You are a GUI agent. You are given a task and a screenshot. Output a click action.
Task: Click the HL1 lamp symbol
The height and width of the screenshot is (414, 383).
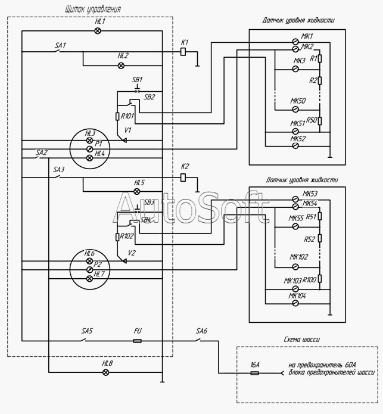98,31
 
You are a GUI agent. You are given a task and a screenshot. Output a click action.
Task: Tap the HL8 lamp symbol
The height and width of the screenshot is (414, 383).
105,372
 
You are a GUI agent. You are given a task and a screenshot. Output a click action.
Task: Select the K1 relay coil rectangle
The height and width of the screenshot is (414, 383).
183,52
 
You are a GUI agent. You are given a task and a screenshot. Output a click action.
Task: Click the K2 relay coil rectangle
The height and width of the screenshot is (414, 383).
183,178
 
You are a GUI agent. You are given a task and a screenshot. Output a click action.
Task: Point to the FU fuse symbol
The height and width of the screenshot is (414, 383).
137,341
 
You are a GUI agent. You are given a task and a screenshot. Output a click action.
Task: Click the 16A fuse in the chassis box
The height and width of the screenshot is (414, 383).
254,373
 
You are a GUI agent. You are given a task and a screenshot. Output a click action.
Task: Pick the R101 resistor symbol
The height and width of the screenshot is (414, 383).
117,116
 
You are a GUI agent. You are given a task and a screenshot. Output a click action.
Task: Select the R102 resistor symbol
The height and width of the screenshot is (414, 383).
117,237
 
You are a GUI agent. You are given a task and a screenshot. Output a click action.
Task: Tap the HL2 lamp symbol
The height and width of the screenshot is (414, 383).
121,66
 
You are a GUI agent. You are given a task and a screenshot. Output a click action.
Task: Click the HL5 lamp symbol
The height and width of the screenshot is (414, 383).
137,191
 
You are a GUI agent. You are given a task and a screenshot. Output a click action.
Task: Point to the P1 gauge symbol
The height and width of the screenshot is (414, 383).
90,149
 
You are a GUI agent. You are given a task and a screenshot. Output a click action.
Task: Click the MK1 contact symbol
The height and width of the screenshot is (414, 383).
295,42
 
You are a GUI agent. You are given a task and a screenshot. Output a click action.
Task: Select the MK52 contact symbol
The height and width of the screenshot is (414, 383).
295,145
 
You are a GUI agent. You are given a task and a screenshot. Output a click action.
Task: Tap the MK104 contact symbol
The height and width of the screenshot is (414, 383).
295,303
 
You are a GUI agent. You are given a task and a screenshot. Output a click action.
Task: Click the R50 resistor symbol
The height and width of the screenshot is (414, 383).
320,121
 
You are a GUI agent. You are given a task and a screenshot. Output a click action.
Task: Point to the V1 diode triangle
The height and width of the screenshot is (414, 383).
124,141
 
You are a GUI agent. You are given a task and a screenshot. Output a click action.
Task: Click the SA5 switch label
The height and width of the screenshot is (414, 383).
87,331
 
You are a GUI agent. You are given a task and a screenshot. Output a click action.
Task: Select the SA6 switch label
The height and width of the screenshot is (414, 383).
202,331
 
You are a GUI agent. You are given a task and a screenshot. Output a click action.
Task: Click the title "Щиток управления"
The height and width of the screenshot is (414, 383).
93,10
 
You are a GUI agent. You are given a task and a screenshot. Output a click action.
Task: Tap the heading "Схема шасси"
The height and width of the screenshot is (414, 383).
302,340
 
